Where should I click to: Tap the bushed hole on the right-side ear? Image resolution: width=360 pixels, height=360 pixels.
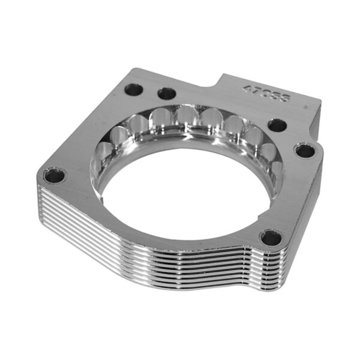305,150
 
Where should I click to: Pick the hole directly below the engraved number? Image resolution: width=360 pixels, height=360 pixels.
277,125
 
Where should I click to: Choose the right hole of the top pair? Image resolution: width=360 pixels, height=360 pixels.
166,94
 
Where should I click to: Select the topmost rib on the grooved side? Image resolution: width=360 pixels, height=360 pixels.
150,246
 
